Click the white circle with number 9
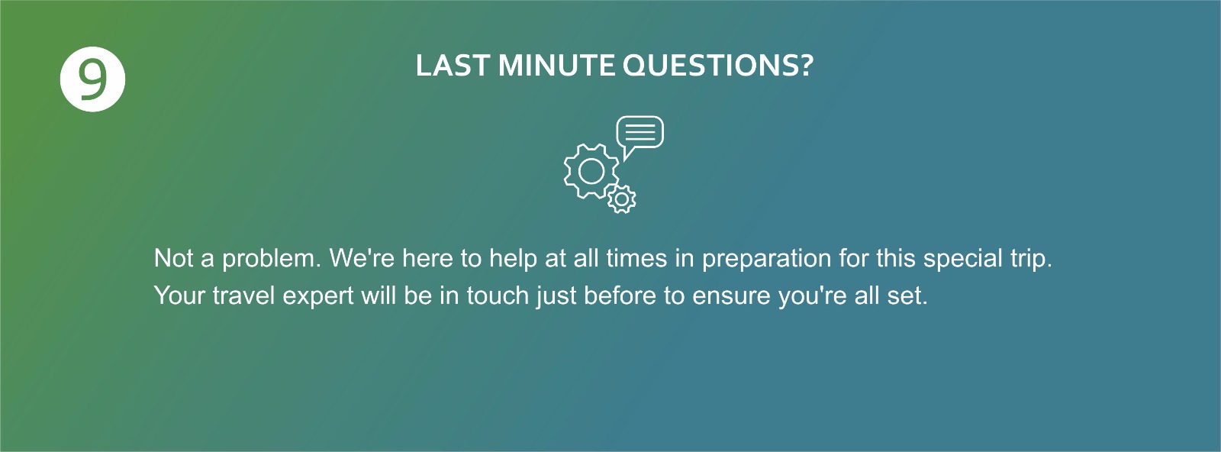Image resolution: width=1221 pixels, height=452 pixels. click(92, 79)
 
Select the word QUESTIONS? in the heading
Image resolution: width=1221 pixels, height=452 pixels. click(718, 66)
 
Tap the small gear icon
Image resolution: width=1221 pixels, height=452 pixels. click(621, 199)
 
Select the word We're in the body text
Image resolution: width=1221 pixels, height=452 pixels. click(362, 258)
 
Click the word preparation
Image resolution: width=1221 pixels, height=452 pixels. click(766, 259)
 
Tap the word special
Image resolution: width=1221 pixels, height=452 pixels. click(962, 259)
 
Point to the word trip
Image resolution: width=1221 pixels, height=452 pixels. click(1031, 259)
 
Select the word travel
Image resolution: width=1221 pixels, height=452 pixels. click(243, 295)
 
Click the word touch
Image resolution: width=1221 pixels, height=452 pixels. click(498, 295)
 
